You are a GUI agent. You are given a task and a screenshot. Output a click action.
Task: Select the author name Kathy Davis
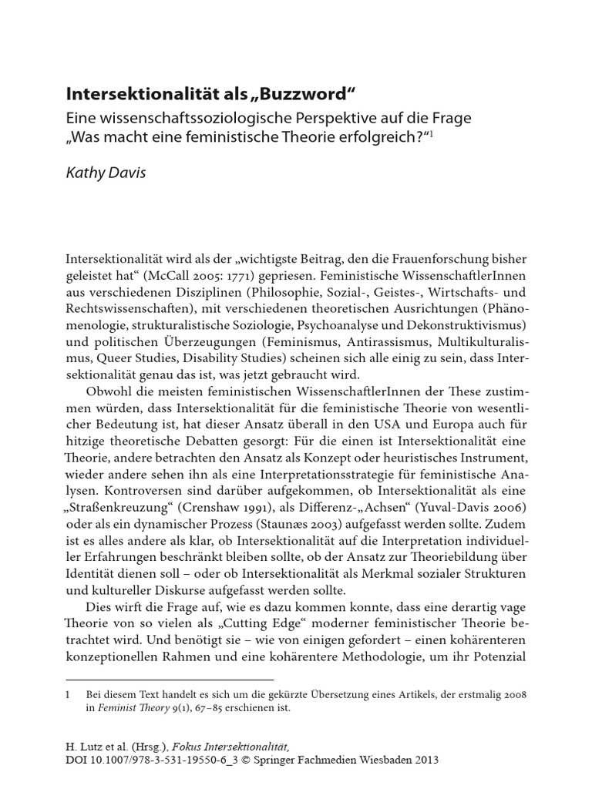[x=106, y=172]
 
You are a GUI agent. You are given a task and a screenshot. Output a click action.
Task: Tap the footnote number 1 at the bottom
[x=69, y=695]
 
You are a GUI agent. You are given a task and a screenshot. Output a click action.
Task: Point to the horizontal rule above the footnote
[x=170, y=680]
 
